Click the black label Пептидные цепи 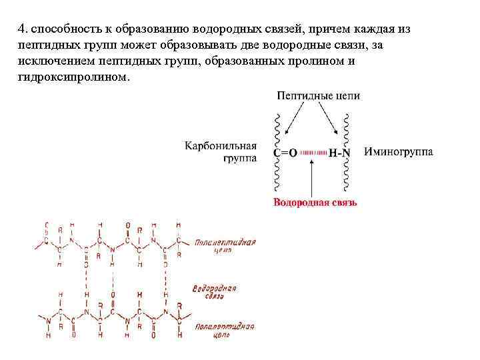(x=318, y=96)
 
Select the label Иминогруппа (x=399, y=152)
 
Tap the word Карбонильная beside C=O (x=221, y=145)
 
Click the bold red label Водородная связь (x=315, y=202)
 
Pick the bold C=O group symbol (x=285, y=153)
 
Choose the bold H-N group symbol (x=339, y=153)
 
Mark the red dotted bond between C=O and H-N (x=313, y=153)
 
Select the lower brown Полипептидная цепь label (x=225, y=331)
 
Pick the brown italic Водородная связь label (x=215, y=292)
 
